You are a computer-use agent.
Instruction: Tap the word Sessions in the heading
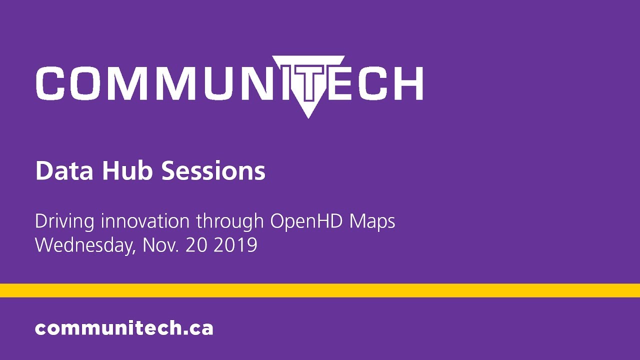213,171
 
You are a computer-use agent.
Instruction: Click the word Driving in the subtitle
65,221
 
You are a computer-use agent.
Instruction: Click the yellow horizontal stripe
320,290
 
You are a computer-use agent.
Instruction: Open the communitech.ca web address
124,328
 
